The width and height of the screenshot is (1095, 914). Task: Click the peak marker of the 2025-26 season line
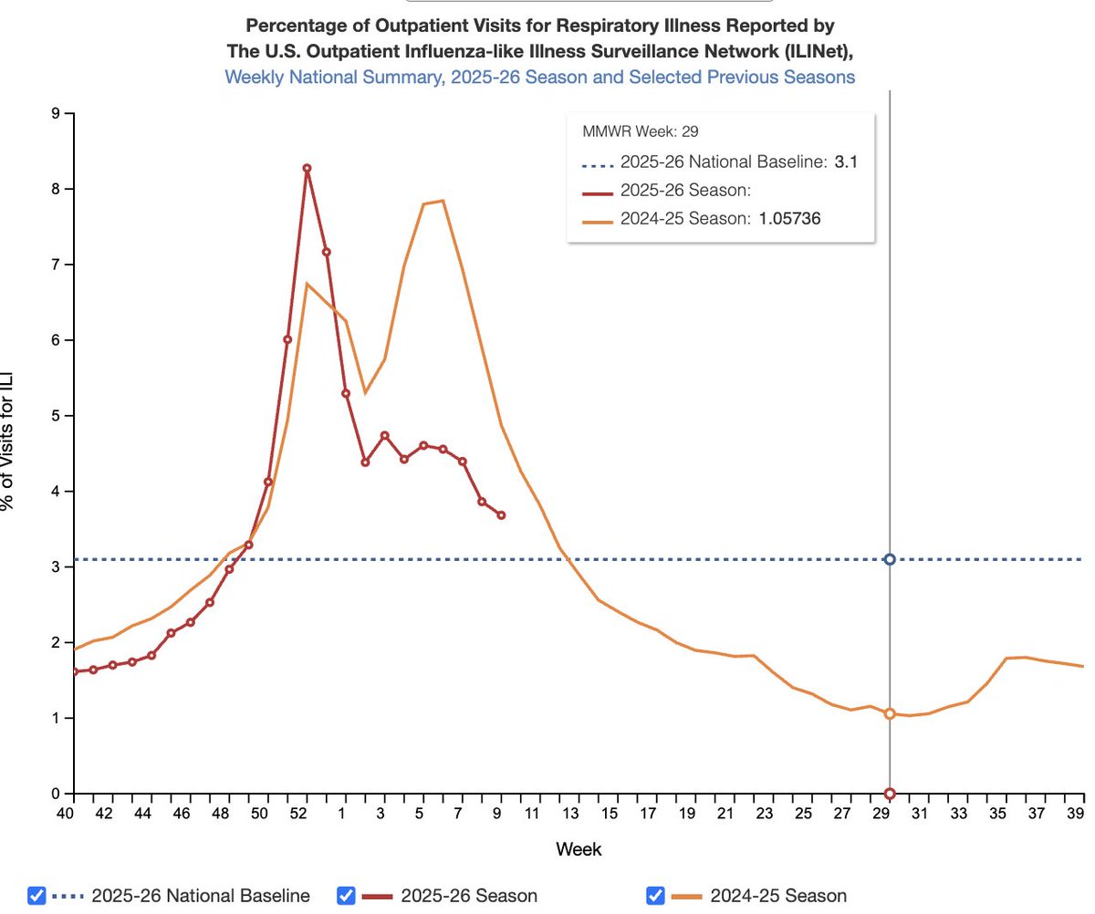click(307, 168)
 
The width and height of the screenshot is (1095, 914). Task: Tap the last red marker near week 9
click(501, 515)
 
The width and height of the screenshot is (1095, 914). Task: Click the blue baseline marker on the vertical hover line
click(890, 559)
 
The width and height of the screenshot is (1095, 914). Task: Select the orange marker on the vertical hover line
click(890, 714)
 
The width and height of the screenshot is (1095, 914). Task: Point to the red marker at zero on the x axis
click(890, 794)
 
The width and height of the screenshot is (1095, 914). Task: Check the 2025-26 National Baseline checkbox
click(36, 896)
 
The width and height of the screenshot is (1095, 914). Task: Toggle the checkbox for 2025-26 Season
click(346, 896)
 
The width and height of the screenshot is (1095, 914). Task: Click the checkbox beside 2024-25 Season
click(654, 896)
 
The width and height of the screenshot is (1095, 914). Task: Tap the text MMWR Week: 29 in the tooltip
click(641, 131)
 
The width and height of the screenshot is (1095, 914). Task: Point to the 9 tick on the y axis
click(56, 114)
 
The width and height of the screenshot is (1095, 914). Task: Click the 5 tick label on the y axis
click(56, 416)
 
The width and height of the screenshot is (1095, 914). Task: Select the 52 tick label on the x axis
click(307, 813)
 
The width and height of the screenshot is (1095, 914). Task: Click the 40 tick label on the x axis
click(64, 813)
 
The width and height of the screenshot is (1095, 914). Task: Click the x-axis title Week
click(579, 849)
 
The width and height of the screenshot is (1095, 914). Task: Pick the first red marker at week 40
click(74, 672)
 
